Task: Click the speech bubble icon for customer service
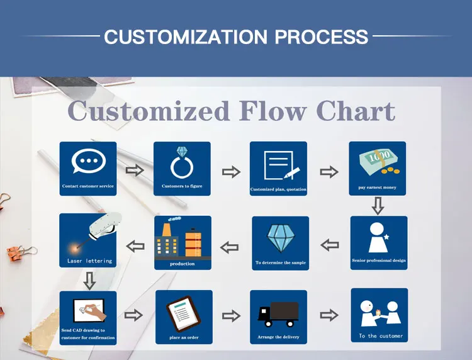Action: point(88,162)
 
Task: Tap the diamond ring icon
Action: point(182,162)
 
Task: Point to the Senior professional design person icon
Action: point(378,237)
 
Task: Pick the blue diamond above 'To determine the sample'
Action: point(280,239)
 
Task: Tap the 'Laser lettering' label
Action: point(89,261)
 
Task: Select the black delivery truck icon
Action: point(278,312)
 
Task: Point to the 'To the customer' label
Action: point(381,336)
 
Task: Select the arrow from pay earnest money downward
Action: point(377,205)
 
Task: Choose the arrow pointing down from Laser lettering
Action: point(89,280)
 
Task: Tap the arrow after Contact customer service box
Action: point(135,169)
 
